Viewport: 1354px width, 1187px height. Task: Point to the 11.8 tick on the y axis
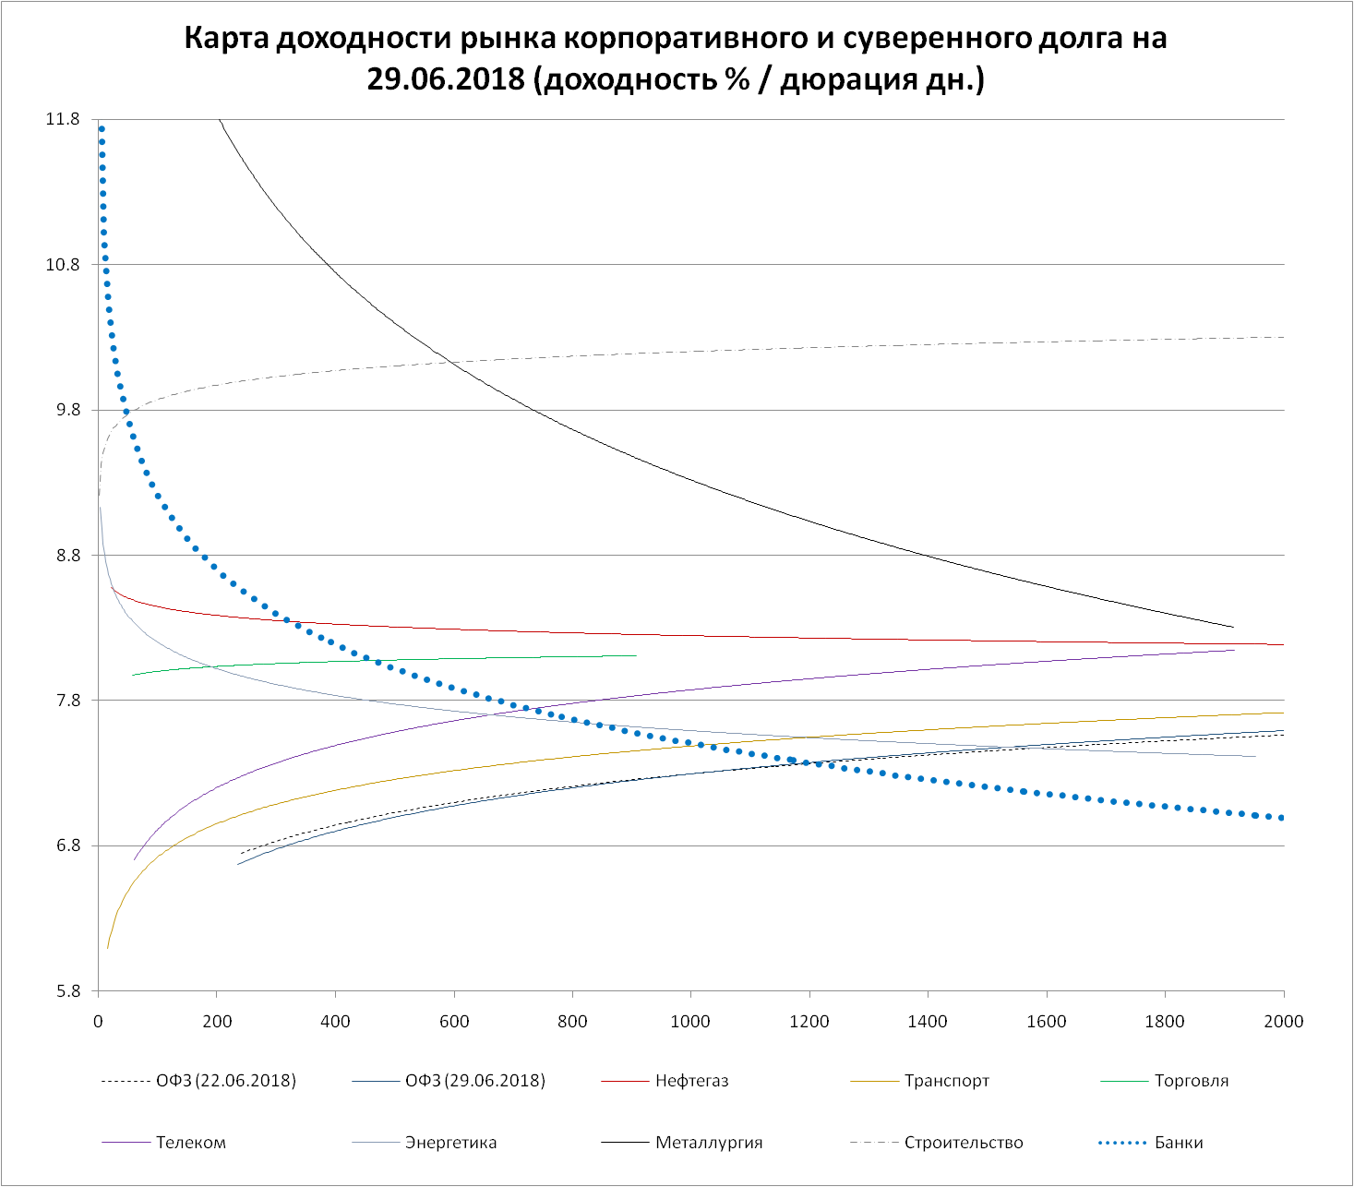63,119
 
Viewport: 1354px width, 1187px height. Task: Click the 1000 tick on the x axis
690,1021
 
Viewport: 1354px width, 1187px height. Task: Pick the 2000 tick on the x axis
1283,1021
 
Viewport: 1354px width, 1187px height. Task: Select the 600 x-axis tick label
454,1021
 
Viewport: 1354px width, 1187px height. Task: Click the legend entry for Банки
1179,1143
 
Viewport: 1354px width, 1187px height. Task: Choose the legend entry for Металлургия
709,1143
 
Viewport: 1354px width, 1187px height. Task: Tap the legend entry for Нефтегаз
691,1081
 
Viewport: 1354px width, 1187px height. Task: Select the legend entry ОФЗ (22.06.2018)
226,1081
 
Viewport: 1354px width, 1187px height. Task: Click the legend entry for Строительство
964,1143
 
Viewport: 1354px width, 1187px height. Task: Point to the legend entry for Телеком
191,1143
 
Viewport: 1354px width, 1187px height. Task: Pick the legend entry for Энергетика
450,1143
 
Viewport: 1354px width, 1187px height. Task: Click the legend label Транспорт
947,1081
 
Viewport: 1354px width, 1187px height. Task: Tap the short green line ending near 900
461,660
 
